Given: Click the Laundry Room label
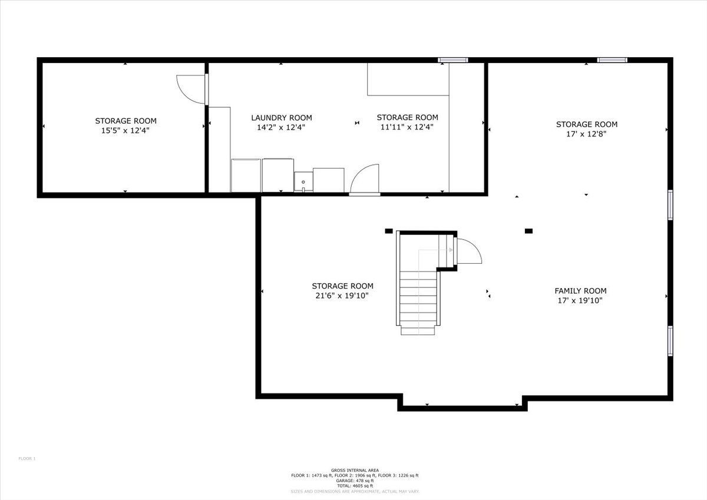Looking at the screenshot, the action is [282, 118].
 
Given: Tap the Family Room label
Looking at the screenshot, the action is [580, 290].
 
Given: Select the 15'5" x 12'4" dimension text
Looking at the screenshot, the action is [125, 130].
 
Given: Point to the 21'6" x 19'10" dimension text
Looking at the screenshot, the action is [342, 296].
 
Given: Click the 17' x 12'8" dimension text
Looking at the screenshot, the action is [586, 134].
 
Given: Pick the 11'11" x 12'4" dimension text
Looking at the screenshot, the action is [407, 127].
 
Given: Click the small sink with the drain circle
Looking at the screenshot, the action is [303, 182].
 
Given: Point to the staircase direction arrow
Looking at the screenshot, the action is [435, 250].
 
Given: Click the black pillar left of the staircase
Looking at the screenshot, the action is [388, 231].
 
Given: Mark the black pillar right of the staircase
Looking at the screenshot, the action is [528, 231].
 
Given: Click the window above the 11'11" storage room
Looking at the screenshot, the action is [452, 60].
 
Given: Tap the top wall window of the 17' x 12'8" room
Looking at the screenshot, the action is [612, 60].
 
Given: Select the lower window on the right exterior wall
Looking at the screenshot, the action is [670, 341].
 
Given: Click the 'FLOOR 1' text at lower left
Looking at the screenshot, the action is [27, 458].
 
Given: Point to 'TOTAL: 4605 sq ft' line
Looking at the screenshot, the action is [355, 486].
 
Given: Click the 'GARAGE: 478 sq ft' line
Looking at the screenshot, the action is [355, 481].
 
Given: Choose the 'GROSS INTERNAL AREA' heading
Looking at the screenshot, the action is [355, 471].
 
